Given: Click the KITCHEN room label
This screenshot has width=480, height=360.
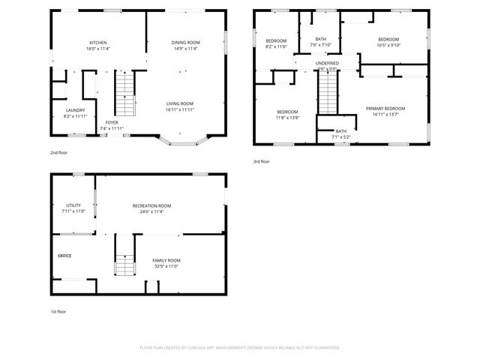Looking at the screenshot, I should point(98,43).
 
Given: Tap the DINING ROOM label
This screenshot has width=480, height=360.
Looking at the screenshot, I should point(185,43).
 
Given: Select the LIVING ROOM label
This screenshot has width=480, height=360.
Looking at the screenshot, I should point(180,103).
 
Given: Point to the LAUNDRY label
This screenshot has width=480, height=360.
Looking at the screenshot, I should point(74,110).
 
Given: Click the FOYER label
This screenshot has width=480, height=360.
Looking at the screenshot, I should point(111,122).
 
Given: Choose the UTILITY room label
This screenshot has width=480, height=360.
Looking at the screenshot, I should point(73,205).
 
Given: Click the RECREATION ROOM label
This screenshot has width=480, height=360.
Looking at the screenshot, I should point(151,205).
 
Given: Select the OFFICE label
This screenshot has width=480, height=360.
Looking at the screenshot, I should point(64,256).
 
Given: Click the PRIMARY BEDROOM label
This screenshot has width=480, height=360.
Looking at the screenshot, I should point(386,109).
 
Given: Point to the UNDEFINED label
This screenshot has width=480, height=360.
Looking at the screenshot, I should point(326,63).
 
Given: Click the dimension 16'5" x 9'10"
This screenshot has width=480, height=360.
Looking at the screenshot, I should point(388,45).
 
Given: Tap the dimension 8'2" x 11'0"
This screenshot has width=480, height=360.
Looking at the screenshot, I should point(276,46).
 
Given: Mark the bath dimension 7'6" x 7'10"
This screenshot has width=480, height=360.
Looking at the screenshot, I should point(320,45).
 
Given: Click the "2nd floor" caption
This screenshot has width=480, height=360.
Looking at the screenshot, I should point(59,152).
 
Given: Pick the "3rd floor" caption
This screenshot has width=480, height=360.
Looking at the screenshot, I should point(262,161).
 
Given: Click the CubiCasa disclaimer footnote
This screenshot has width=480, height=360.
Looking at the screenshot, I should point(240,347).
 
